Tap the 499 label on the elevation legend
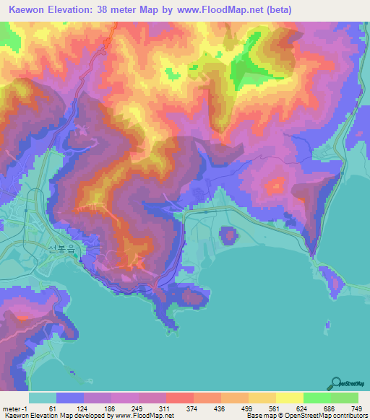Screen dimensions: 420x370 point(248,409)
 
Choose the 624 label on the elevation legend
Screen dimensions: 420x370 point(303,409)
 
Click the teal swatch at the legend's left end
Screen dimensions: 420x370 point(43,398)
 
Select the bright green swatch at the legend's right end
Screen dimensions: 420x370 point(345,398)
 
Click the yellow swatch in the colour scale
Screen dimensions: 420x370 point(290,398)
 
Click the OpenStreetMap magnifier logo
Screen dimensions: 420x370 point(335,382)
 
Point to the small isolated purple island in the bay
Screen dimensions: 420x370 point(228,235)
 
